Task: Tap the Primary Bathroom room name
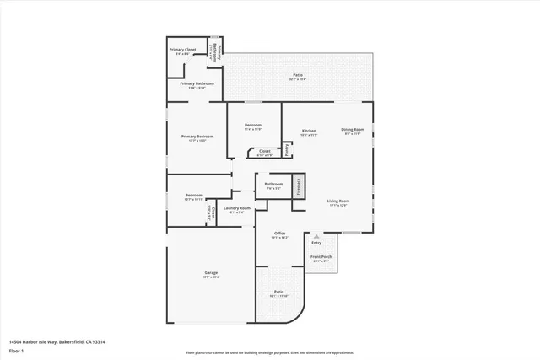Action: (x=197, y=83)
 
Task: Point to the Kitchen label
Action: (x=309, y=130)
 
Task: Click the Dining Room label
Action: (x=352, y=129)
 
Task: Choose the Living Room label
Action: (x=338, y=201)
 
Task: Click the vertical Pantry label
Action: (x=287, y=150)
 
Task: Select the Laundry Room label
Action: (x=237, y=207)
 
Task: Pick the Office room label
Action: (x=279, y=233)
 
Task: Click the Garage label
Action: (x=211, y=273)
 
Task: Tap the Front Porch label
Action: (x=321, y=256)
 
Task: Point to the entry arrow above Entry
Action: (x=316, y=236)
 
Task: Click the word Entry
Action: (x=316, y=243)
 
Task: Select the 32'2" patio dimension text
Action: (x=298, y=79)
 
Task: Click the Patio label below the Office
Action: (x=278, y=292)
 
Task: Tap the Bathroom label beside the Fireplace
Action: (x=273, y=184)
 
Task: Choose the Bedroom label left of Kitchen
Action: (x=253, y=126)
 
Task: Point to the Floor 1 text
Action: (x=16, y=350)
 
